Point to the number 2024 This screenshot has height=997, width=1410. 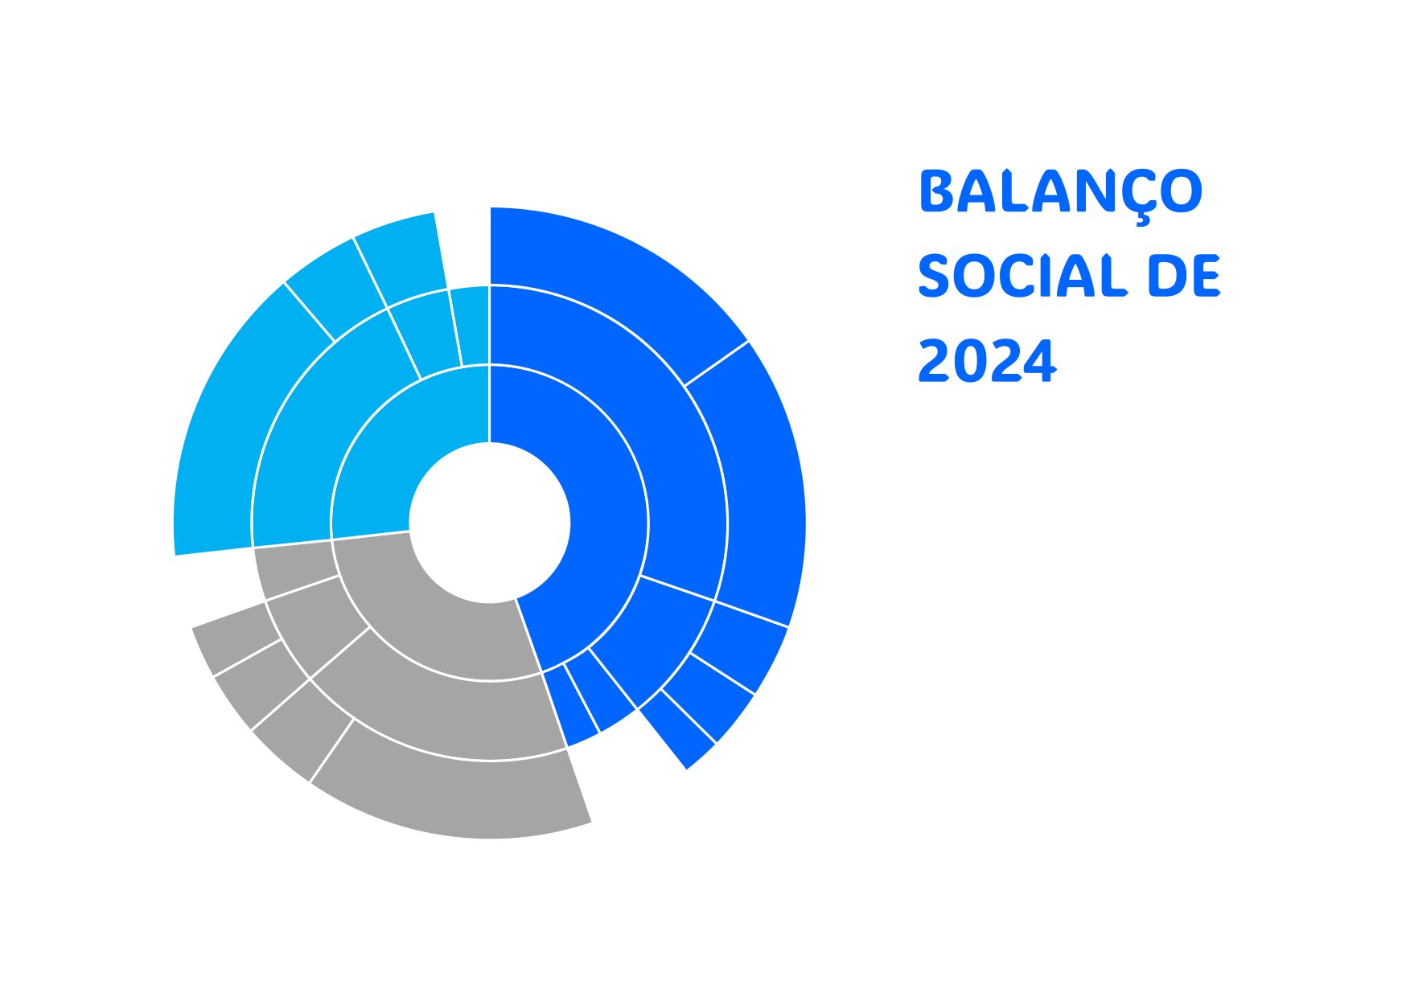click(986, 361)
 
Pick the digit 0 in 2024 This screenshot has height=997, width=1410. click(970, 361)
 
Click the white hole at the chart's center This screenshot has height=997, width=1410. click(490, 523)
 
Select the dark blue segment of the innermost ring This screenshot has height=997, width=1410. click(587, 515)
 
